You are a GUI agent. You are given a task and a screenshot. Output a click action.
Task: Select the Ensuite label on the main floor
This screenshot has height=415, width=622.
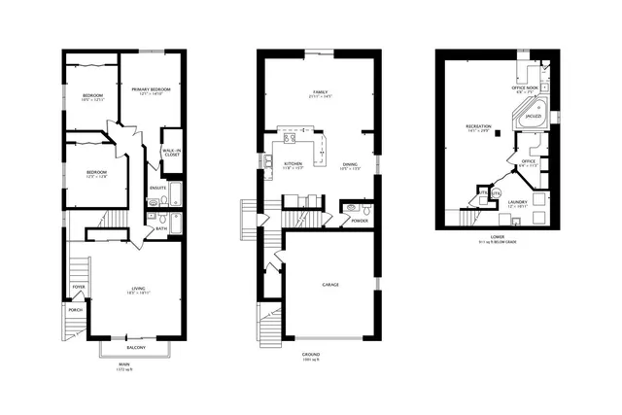coord(157,188)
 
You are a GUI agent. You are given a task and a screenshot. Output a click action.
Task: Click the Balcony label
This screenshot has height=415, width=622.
coord(135,347)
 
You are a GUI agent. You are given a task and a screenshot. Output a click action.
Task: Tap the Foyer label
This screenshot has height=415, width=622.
coord(78,288)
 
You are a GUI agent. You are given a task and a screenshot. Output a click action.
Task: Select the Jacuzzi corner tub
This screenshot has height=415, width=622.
coord(532,114)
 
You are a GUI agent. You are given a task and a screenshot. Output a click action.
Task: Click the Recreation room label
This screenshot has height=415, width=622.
coord(477,125)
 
